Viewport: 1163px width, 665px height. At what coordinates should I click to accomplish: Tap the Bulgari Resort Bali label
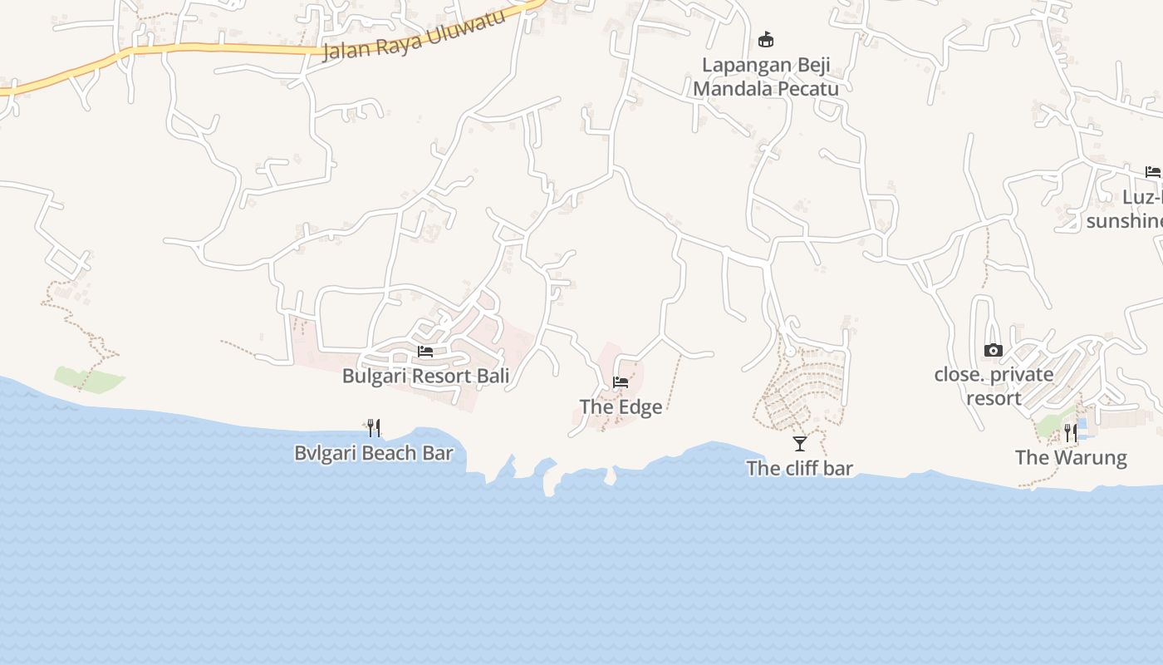425,376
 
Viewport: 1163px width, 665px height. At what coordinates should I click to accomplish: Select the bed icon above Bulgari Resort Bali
425,352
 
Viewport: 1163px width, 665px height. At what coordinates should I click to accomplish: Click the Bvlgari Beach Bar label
374,453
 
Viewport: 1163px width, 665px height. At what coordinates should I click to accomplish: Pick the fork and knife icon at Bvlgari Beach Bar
374,428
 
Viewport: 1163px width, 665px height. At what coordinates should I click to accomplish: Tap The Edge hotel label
621,406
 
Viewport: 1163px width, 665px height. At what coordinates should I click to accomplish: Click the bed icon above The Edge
620,382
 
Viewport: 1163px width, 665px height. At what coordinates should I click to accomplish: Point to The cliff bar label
799,468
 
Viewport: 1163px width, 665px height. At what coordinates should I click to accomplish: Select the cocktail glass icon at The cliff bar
799,443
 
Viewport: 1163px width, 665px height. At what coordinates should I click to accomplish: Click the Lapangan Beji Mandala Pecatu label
765,76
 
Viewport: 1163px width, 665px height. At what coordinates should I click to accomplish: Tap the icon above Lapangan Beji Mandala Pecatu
766,39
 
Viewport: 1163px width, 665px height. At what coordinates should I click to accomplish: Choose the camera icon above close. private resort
993,351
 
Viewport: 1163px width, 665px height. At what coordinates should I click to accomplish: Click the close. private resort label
994,386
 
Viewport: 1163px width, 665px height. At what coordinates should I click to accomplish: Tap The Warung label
1071,457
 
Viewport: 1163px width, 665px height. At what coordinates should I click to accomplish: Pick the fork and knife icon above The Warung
1071,432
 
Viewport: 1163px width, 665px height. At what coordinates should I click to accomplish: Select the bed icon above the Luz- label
1152,172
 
